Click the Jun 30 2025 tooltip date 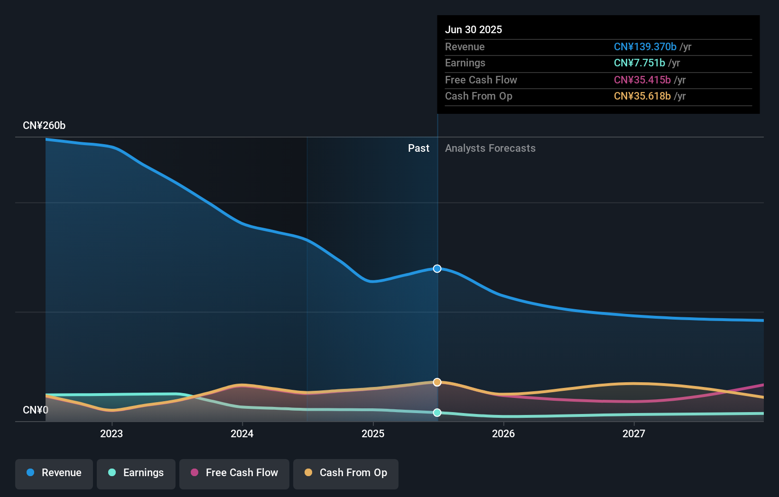(x=473, y=29)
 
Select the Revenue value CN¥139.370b (x=645, y=46)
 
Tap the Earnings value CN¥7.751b (x=639, y=63)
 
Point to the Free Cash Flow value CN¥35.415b (x=642, y=80)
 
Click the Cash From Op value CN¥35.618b (x=642, y=96)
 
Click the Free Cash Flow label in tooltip (x=481, y=80)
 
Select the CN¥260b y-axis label (x=44, y=125)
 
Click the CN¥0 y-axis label (x=36, y=410)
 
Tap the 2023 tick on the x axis (x=111, y=433)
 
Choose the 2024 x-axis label (x=242, y=433)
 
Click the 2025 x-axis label (x=373, y=433)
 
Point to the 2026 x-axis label (x=503, y=433)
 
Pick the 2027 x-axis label (x=634, y=433)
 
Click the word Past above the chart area (x=418, y=148)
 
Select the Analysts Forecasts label (x=490, y=148)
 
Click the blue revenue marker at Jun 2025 (x=437, y=268)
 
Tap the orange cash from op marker (x=437, y=382)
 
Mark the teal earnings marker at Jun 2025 (x=437, y=413)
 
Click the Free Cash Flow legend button (x=234, y=473)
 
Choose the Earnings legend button (x=136, y=473)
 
